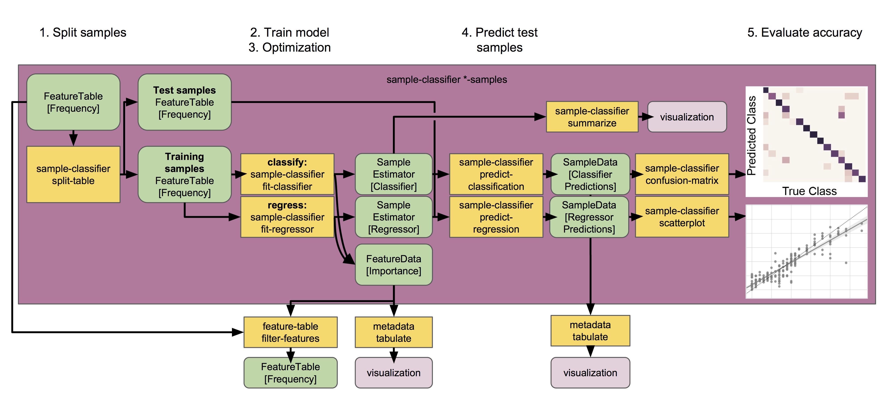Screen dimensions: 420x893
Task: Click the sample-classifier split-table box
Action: pyautogui.click(x=73, y=174)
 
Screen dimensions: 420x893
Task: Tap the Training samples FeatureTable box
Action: pyautogui.click(x=184, y=174)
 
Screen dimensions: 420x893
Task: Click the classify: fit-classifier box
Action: pyautogui.click(x=287, y=174)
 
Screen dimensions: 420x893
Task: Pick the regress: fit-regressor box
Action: pyautogui.click(x=287, y=217)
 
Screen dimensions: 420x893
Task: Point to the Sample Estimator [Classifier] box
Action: pyautogui.click(x=393, y=174)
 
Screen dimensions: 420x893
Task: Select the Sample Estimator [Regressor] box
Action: pyautogui.click(x=393, y=217)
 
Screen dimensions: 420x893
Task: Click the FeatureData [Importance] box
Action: pyautogui.click(x=393, y=265)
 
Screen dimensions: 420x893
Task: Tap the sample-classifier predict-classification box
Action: pyautogui.click(x=496, y=174)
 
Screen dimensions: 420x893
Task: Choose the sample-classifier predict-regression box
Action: pyautogui.click(x=496, y=217)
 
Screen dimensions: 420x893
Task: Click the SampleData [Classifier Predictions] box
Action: pyautogui.click(x=590, y=174)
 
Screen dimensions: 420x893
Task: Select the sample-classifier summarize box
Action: pyautogui.click(x=592, y=117)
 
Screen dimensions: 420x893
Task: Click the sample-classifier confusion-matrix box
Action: pyautogui.click(x=682, y=174)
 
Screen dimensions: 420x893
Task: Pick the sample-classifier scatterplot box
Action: pyautogui.click(x=682, y=217)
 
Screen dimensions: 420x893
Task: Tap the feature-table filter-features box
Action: pyautogui.click(x=290, y=332)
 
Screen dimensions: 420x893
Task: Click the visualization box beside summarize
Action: pyautogui.click(x=687, y=117)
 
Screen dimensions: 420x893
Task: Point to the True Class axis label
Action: pyautogui.click(x=809, y=191)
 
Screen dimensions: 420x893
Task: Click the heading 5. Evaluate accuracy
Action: pyautogui.click(x=804, y=33)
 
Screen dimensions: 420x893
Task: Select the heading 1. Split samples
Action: pyautogui.click(x=83, y=33)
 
